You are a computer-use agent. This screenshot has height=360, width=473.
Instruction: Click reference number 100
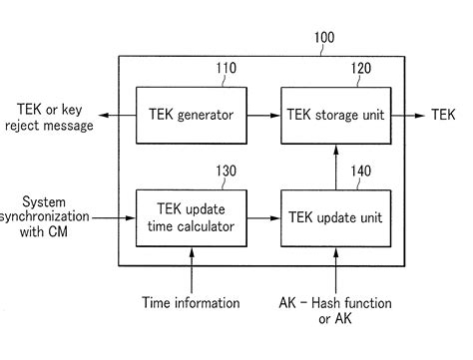click(324, 37)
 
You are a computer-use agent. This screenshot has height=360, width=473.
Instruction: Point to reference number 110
click(227, 68)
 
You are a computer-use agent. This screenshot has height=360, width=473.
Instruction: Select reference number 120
click(361, 68)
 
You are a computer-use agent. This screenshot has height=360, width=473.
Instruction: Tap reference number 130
click(227, 171)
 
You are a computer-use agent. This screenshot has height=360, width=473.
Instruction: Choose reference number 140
click(361, 171)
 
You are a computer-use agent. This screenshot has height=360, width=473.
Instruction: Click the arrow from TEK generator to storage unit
click(263, 116)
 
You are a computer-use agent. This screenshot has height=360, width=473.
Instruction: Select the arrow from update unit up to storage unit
click(336, 168)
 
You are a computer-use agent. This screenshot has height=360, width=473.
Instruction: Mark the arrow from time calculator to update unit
click(263, 218)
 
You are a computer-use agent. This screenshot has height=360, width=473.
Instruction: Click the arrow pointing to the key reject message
click(118, 116)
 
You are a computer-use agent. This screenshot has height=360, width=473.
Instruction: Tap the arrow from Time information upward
click(192, 270)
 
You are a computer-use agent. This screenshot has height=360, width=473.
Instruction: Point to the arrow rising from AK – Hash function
click(336, 270)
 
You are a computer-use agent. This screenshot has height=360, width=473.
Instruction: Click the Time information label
click(191, 303)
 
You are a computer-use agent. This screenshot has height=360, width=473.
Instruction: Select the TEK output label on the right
click(443, 115)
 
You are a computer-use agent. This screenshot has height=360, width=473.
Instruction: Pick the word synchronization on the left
click(44, 217)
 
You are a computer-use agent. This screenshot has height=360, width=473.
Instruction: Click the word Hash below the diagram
click(326, 303)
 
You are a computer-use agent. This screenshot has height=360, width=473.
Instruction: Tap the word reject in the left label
click(20, 127)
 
